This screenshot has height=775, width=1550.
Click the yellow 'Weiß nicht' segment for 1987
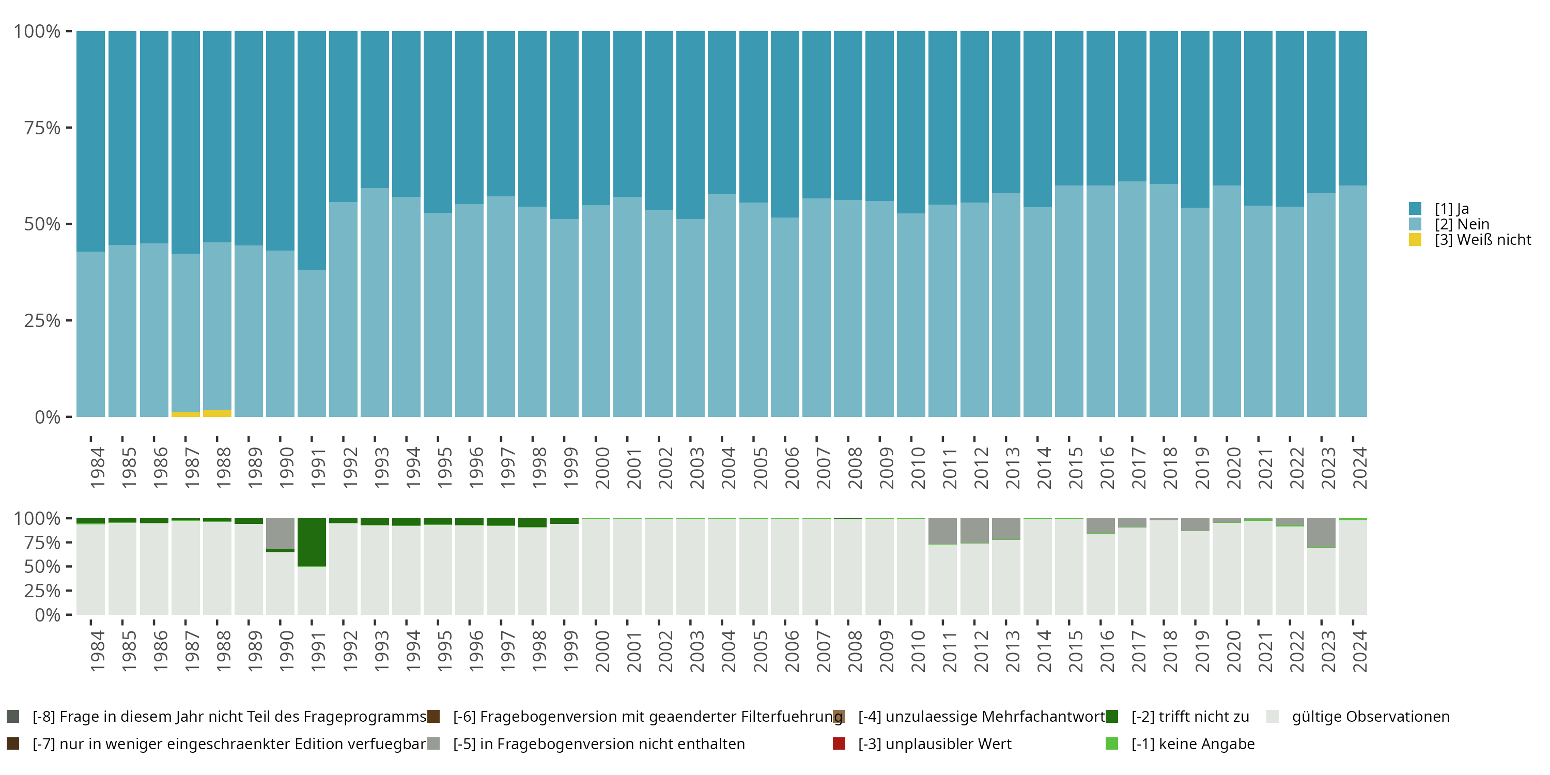click(x=185, y=414)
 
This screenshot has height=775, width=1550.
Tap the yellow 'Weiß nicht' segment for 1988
click(x=217, y=413)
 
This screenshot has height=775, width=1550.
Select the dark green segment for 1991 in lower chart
click(x=312, y=542)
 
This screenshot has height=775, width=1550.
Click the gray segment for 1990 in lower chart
click(x=281, y=533)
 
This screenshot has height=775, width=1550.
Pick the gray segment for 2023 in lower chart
click(x=1321, y=533)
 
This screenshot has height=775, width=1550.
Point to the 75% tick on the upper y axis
click(x=69, y=128)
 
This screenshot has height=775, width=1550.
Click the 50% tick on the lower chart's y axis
click(x=69, y=566)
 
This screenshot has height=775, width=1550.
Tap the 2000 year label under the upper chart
click(x=602, y=468)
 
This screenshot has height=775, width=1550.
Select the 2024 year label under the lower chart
click(x=1360, y=651)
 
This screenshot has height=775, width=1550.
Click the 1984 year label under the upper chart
click(x=98, y=468)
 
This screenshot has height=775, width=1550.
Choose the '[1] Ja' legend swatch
click(x=1415, y=209)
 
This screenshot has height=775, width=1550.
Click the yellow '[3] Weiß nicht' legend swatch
click(x=1415, y=240)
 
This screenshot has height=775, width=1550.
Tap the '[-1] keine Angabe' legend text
click(x=1192, y=743)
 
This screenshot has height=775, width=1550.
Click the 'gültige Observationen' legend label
click(x=1371, y=717)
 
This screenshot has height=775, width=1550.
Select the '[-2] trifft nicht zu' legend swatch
click(x=1112, y=717)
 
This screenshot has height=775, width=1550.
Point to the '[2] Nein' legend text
click(x=1462, y=224)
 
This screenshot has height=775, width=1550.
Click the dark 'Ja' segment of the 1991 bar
click(x=312, y=150)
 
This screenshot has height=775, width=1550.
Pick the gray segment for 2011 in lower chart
click(x=942, y=531)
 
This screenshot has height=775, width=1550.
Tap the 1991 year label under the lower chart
click(x=318, y=651)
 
